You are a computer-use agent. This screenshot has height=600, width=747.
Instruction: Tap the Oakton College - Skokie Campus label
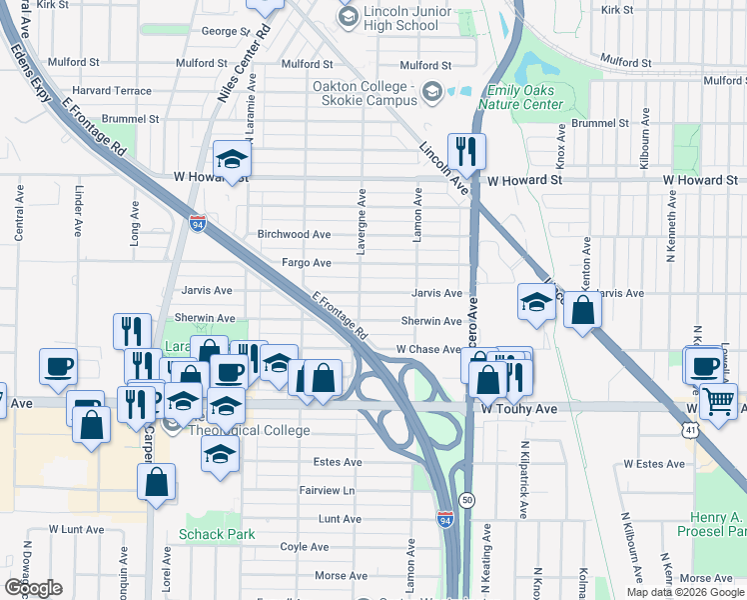tap(364, 94)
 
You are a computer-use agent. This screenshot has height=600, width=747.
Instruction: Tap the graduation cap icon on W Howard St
tap(231, 160)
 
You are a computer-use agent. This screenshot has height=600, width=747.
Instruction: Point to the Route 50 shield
tap(466, 498)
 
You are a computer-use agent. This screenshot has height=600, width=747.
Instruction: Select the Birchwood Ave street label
tap(294, 234)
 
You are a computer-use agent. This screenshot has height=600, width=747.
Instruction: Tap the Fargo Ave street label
tap(307, 263)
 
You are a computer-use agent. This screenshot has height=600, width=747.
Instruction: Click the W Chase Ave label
tap(428, 349)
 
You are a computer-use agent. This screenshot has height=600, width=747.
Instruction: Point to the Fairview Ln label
tap(327, 491)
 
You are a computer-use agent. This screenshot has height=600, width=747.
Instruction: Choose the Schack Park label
tap(217, 534)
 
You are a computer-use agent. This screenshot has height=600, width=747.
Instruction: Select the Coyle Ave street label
tap(306, 547)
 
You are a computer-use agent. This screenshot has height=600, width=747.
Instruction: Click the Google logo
tap(33, 588)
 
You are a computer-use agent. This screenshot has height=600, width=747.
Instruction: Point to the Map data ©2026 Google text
tap(684, 592)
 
